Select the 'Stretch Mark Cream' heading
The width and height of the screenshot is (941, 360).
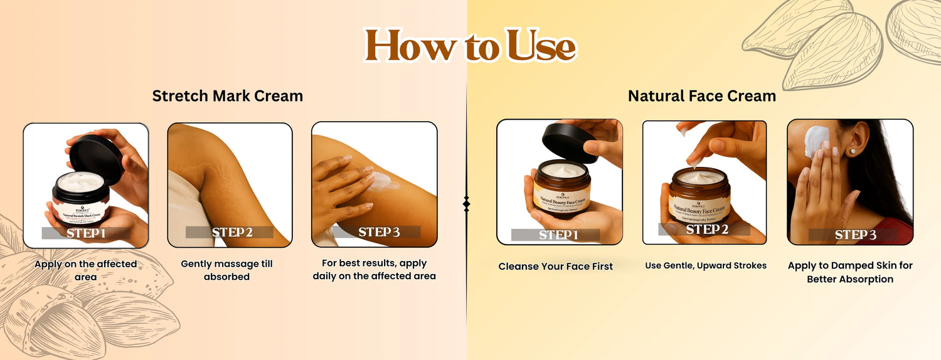pyautogui.click(x=228, y=96)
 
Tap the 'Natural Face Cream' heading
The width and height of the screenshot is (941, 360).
pyautogui.click(x=702, y=96)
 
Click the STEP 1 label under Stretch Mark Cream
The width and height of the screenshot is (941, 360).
pyautogui.click(x=86, y=233)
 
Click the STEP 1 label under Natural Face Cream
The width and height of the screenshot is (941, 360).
pyautogui.click(x=556, y=235)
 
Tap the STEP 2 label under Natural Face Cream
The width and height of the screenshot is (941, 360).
pyautogui.click(x=704, y=230)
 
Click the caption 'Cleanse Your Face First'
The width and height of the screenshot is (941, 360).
pyautogui.click(x=556, y=267)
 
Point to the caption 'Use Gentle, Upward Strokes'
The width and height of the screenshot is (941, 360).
pyautogui.click(x=706, y=266)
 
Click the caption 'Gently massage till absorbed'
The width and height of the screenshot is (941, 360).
pyautogui.click(x=227, y=270)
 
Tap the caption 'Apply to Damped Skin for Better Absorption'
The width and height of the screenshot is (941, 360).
pyautogui.click(x=850, y=272)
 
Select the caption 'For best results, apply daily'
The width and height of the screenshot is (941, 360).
pyautogui.click(x=375, y=270)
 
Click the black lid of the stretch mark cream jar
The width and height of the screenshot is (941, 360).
pyautogui.click(x=96, y=157)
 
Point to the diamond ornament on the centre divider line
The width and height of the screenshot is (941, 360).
pyautogui.click(x=466, y=203)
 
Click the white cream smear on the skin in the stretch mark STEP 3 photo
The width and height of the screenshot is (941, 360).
pyautogui.click(x=380, y=182)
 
